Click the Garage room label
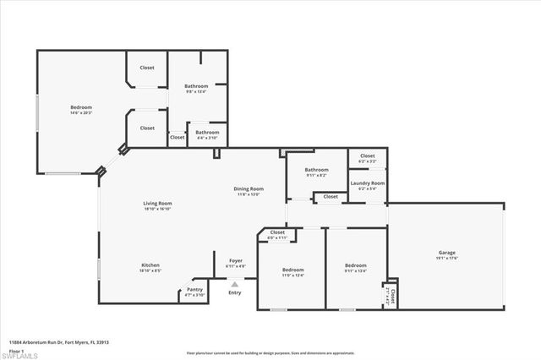click(447, 253)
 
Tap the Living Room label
click(157, 203)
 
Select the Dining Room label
click(249, 188)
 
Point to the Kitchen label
click(150, 265)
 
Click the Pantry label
click(195, 291)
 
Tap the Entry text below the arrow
click(235, 292)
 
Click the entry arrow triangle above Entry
click(235, 285)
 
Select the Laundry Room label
click(368, 183)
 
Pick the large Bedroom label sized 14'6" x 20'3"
click(81, 107)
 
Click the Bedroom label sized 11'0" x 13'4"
click(293, 270)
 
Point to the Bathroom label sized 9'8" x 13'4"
click(196, 86)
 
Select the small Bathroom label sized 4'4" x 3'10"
click(207, 133)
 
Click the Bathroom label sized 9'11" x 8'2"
click(316, 170)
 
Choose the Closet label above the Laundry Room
click(368, 155)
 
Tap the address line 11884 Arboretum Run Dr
click(59, 342)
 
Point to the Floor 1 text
click(15, 350)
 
